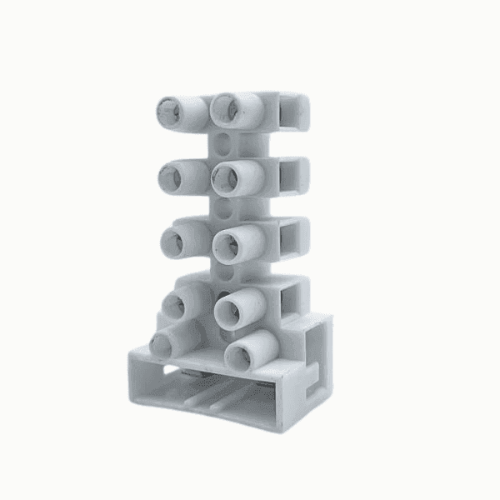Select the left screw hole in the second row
(172, 176)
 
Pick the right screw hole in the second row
(224, 175)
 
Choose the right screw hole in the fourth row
(227, 309)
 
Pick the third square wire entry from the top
(292, 237)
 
